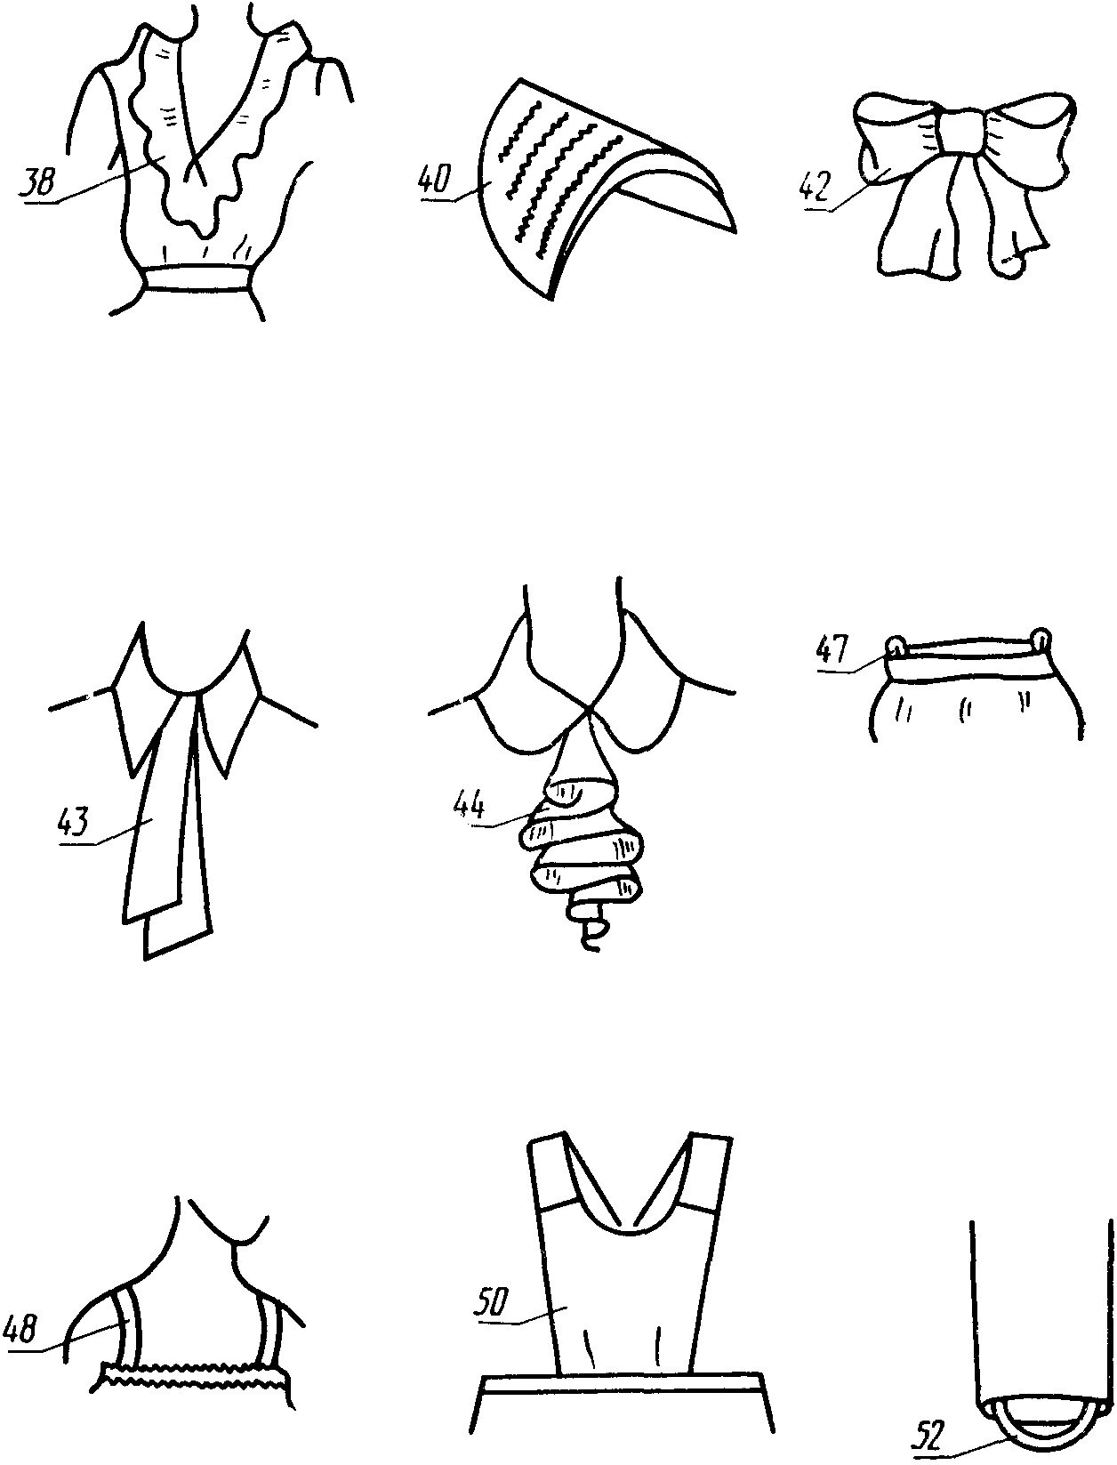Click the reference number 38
(x=38, y=181)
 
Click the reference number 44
(x=470, y=806)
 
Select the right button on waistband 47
(x=1041, y=638)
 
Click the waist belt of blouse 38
(x=197, y=278)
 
